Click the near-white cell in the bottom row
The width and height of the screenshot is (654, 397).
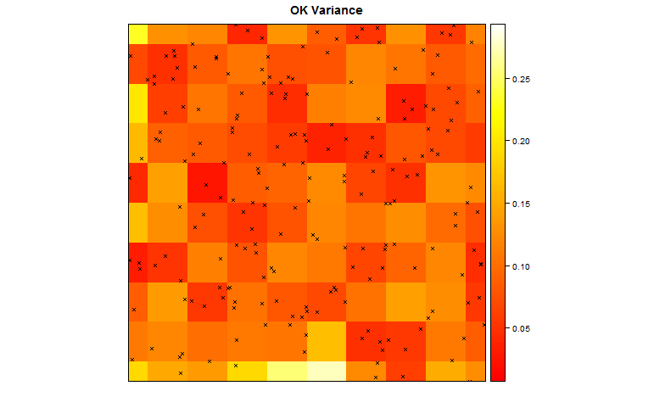coord(327,372)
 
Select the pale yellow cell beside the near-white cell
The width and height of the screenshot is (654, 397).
coord(287,372)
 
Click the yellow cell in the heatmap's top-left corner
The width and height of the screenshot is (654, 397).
coord(137,33)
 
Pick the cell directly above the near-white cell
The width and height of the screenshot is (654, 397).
coord(327,341)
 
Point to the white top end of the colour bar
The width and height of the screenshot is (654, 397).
coord(499,28)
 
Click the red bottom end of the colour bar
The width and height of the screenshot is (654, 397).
coord(499,377)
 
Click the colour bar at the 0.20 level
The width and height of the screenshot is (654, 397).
coord(499,141)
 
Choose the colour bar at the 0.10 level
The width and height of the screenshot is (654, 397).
coord(499,266)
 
